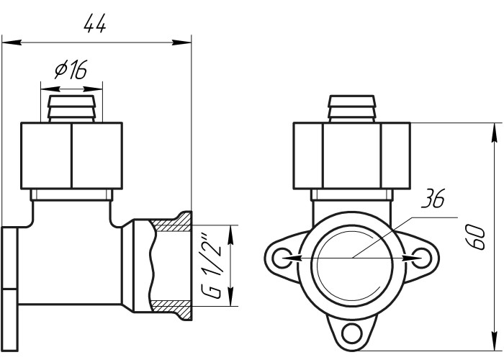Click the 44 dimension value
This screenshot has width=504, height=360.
point(94,24)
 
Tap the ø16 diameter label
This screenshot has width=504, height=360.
point(71,69)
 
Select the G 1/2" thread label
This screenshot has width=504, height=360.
point(212,265)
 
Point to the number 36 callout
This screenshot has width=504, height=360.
point(434,198)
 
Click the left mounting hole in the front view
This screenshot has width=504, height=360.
point(282,258)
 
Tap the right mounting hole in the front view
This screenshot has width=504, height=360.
point(421,258)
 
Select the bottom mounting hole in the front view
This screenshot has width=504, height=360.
point(351,333)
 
